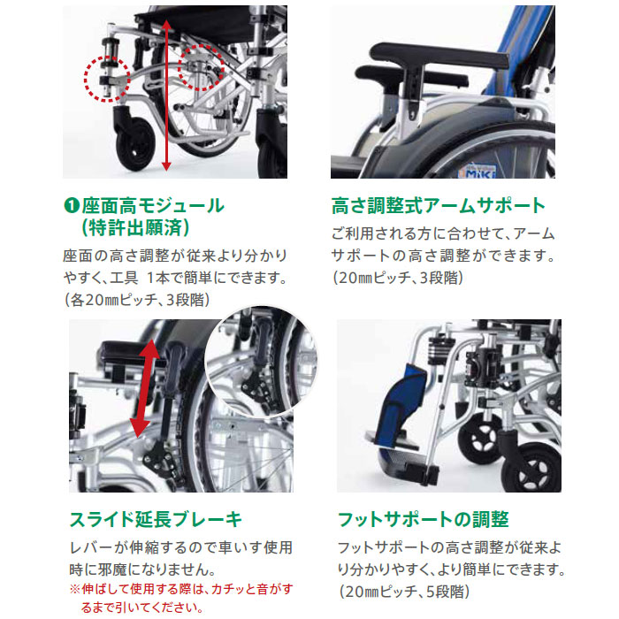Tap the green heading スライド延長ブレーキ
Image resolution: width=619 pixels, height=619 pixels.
click(155, 519)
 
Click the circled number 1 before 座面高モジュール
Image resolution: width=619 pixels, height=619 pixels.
click(73, 207)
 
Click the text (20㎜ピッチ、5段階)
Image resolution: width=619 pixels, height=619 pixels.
click(402, 591)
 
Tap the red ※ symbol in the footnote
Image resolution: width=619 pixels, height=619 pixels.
click(74, 588)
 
